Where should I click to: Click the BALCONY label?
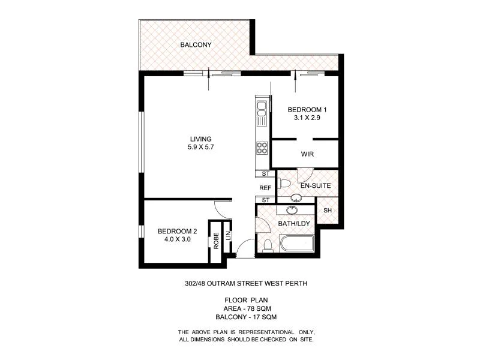196,44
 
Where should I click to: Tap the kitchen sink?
262,109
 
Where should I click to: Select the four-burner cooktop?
262,146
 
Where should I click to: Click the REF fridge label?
265,187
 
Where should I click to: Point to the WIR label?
307,154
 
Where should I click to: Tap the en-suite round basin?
296,198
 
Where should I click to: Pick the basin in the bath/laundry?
292,210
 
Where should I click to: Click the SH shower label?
327,211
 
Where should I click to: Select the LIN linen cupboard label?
228,236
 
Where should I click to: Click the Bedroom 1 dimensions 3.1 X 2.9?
307,118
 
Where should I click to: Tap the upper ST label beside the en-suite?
265,174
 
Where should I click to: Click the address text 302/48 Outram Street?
247,284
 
